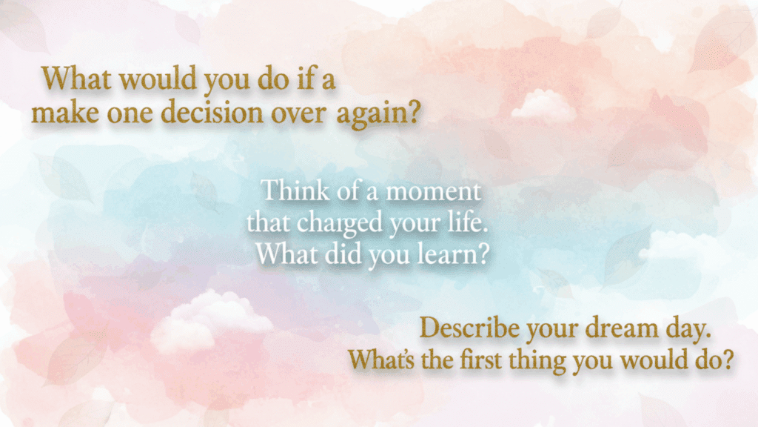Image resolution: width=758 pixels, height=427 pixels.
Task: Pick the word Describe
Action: [465, 328]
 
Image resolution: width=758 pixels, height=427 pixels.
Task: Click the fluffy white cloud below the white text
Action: [211, 320]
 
